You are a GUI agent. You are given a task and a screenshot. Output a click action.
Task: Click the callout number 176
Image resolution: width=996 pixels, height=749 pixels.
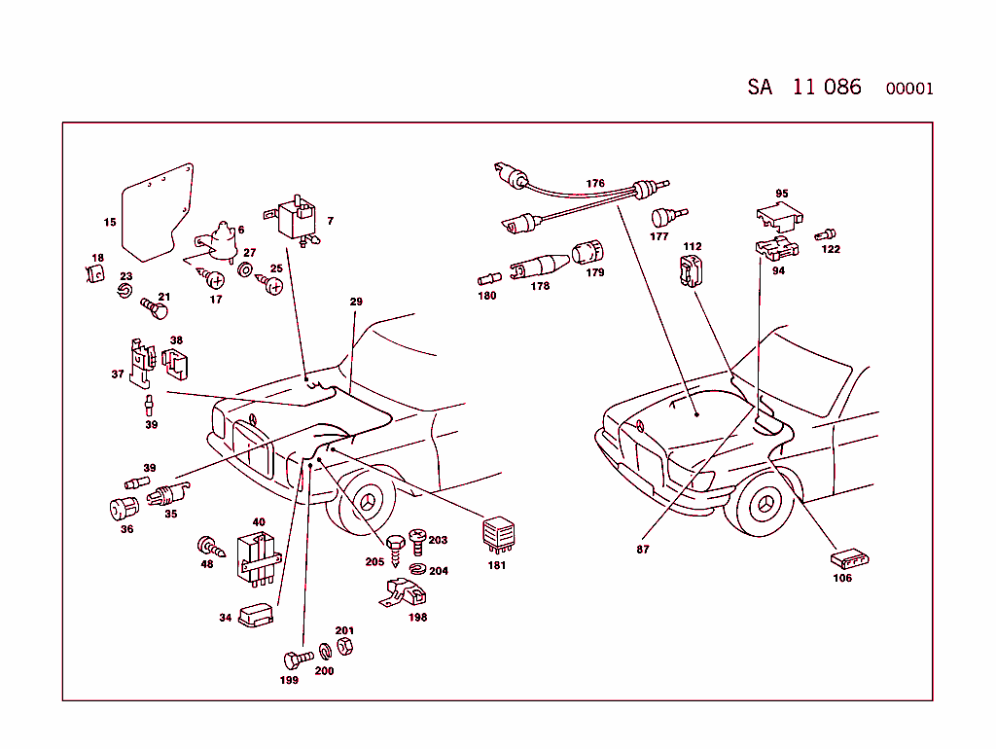coord(595,183)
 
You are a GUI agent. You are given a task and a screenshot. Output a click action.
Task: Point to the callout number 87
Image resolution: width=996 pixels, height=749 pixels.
coord(643,550)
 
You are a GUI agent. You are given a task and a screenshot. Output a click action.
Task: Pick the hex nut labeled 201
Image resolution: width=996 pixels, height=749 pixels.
coord(344,645)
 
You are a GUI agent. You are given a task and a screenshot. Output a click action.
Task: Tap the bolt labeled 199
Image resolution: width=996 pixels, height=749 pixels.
coord(297,659)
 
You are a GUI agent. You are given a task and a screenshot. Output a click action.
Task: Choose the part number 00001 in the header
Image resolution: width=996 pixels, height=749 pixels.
coord(909,89)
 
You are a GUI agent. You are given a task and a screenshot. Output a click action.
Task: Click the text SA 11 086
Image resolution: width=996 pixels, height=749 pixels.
coord(804,87)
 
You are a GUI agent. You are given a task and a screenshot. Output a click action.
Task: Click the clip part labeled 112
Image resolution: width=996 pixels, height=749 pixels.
coord(690,271)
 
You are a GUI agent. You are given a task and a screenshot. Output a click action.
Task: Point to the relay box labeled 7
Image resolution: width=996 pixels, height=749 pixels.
coord(295,220)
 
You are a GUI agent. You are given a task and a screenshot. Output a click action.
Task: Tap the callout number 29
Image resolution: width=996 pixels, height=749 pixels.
coord(356,303)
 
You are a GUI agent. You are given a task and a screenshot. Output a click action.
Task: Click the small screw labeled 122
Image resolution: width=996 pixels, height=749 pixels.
coord(827,233)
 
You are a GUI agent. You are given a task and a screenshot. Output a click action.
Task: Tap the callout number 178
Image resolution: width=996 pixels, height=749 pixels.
coord(540,286)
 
